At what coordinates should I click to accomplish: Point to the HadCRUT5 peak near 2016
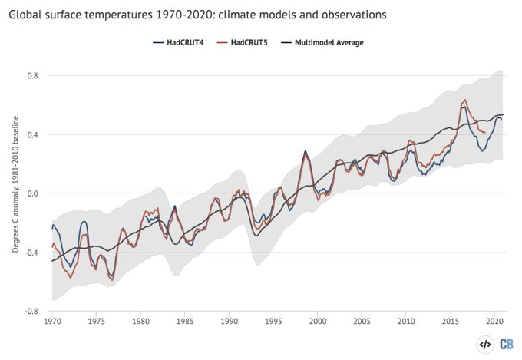pos(464,100)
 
